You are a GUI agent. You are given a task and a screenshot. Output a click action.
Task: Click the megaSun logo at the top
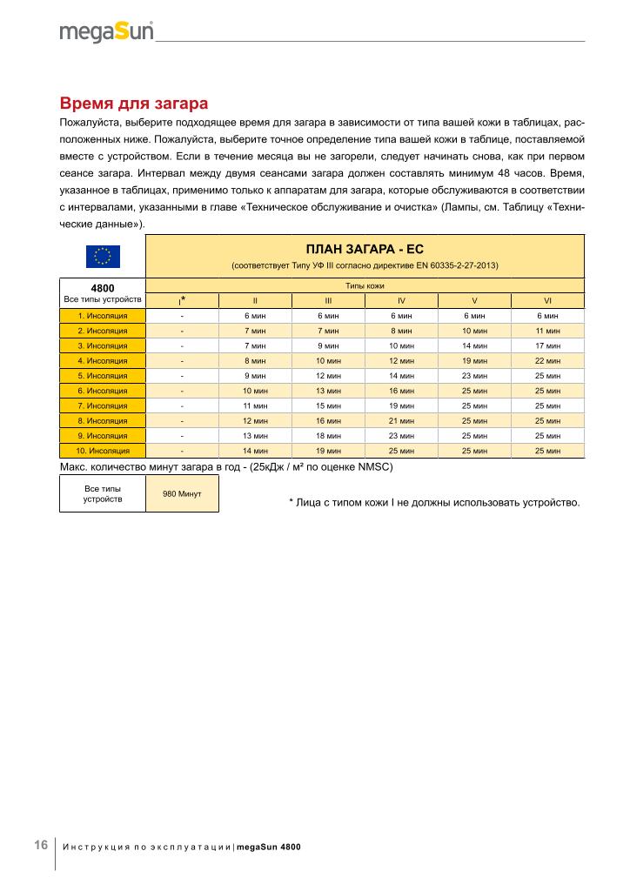[107, 32]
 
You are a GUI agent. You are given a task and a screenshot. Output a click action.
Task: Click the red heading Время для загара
[132, 104]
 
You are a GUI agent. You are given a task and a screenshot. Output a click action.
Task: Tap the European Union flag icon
[102, 257]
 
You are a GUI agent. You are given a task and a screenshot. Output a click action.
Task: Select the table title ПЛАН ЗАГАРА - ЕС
[365, 249]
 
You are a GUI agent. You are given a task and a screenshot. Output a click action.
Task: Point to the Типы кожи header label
[365, 285]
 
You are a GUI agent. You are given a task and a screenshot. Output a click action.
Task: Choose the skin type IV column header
[401, 300]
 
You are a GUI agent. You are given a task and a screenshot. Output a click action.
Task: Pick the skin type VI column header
[547, 300]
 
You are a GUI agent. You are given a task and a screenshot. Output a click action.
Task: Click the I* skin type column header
[182, 300]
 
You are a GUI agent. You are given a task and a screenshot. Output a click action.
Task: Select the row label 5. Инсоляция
[103, 376]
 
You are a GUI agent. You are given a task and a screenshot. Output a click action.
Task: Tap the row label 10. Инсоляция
[103, 451]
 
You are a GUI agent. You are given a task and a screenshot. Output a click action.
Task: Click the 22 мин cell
[547, 360]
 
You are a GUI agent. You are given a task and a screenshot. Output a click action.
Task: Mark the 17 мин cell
[547, 345]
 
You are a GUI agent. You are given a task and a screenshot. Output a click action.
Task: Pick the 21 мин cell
[401, 420]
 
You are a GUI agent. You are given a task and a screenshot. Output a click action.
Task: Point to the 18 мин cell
[328, 435]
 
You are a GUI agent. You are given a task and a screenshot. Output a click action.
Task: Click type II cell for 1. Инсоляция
[255, 316]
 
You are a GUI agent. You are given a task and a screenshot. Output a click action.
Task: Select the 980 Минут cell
[182, 493]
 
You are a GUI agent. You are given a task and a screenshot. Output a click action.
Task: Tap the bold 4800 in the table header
[103, 286]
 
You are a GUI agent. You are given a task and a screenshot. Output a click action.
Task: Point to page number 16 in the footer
[41, 845]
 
